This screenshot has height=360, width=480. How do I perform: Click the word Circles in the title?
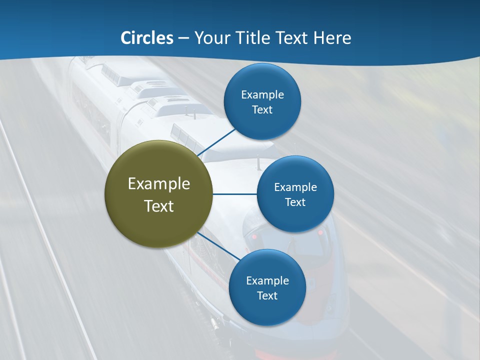(146, 38)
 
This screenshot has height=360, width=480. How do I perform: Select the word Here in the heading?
(332, 38)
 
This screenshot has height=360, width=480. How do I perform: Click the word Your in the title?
(212, 38)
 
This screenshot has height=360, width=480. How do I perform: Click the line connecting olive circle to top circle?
(216, 142)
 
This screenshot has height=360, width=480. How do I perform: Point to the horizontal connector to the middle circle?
(235, 194)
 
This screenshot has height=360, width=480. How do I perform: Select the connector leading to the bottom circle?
(218, 246)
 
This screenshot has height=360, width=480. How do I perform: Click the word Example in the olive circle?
(159, 184)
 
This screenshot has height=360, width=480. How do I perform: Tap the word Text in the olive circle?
(159, 206)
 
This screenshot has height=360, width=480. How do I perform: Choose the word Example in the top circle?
(262, 95)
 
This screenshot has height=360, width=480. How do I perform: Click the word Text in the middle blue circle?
(295, 202)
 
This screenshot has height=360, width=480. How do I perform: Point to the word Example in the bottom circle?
(267, 281)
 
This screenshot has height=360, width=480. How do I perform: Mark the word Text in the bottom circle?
(267, 295)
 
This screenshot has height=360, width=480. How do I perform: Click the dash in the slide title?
(183, 38)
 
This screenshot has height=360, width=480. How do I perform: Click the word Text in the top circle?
(262, 110)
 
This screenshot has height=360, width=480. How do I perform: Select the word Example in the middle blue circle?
(295, 187)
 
